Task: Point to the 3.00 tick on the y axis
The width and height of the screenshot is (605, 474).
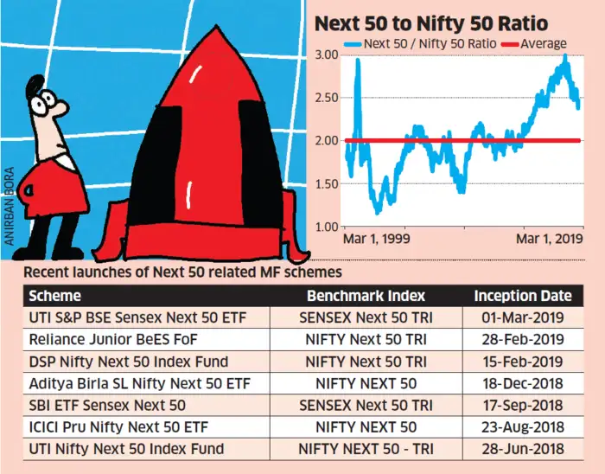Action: tap(326, 54)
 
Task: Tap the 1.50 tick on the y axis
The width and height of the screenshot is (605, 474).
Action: tap(326, 183)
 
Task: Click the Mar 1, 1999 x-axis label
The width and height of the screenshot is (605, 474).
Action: tap(376, 238)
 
